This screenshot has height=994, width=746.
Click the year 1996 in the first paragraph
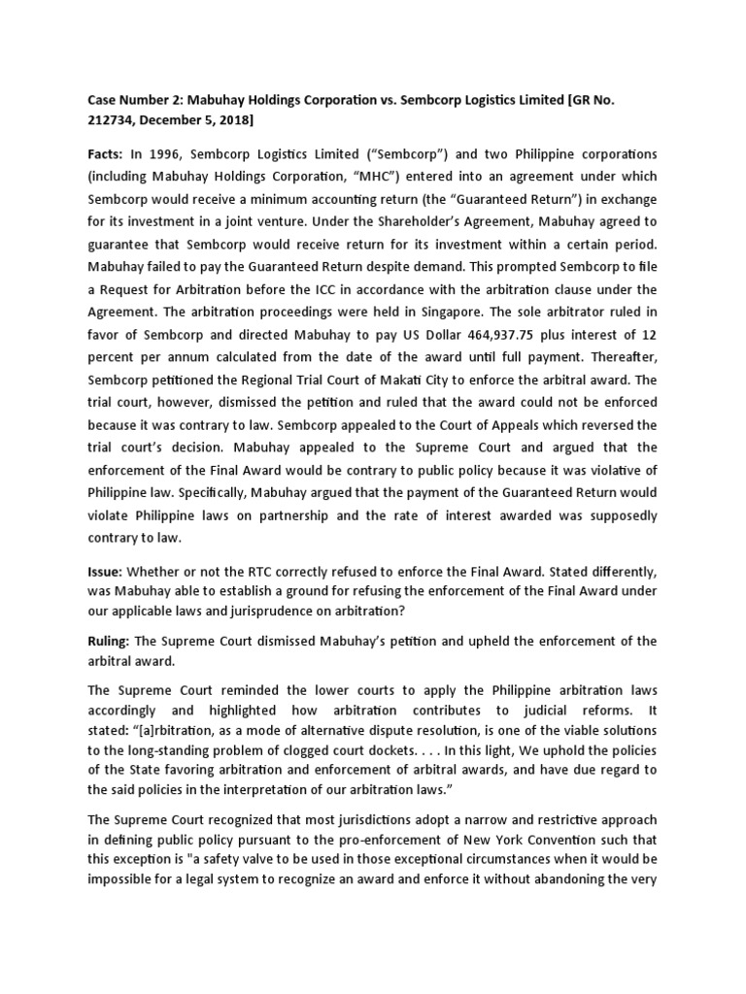(166, 155)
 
